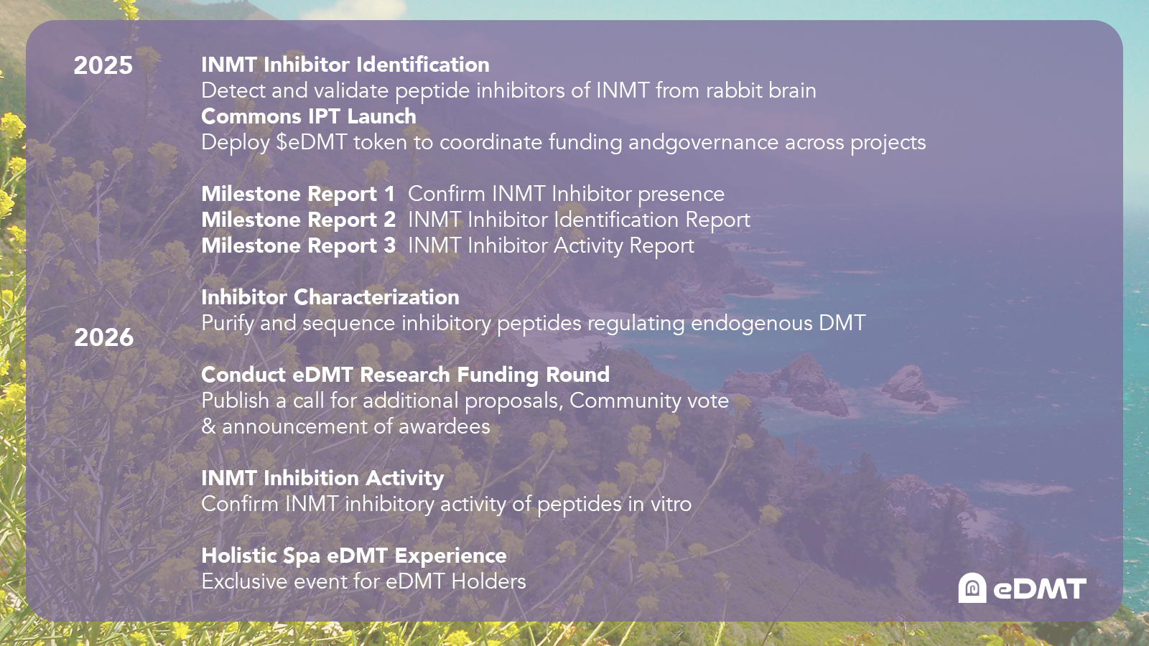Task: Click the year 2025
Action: (x=103, y=65)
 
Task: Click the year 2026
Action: (x=103, y=337)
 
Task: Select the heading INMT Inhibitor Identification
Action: (x=345, y=65)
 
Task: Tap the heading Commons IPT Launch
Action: (x=309, y=116)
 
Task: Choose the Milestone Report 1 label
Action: (x=298, y=194)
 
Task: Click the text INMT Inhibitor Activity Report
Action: (x=552, y=245)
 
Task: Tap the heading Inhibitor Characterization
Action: (x=330, y=297)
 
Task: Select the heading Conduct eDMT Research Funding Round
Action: (x=405, y=375)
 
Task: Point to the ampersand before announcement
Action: (x=209, y=426)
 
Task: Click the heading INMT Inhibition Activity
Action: (x=322, y=478)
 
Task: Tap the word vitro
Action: (x=671, y=504)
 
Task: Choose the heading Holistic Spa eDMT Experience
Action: (x=354, y=556)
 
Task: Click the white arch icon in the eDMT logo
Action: (x=972, y=588)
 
